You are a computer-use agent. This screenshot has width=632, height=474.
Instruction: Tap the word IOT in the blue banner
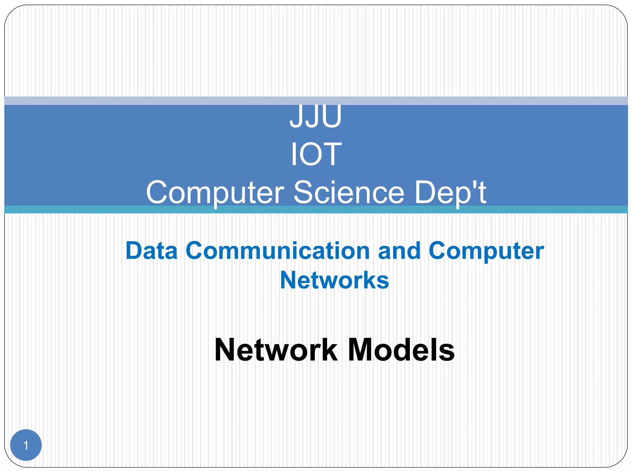316,154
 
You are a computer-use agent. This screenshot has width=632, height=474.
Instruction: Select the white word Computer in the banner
215,193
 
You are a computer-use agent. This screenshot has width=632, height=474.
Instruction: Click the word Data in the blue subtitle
152,251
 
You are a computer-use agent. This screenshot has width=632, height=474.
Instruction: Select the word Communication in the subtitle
277,251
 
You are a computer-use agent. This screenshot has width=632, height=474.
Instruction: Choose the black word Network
276,350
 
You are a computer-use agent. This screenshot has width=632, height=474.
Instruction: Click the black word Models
401,350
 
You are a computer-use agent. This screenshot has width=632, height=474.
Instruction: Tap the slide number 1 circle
26,445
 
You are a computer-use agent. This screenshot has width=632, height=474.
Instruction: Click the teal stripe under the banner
316,210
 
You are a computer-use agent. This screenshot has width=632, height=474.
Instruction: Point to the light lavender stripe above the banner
316,101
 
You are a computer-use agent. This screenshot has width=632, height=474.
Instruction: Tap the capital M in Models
361,350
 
